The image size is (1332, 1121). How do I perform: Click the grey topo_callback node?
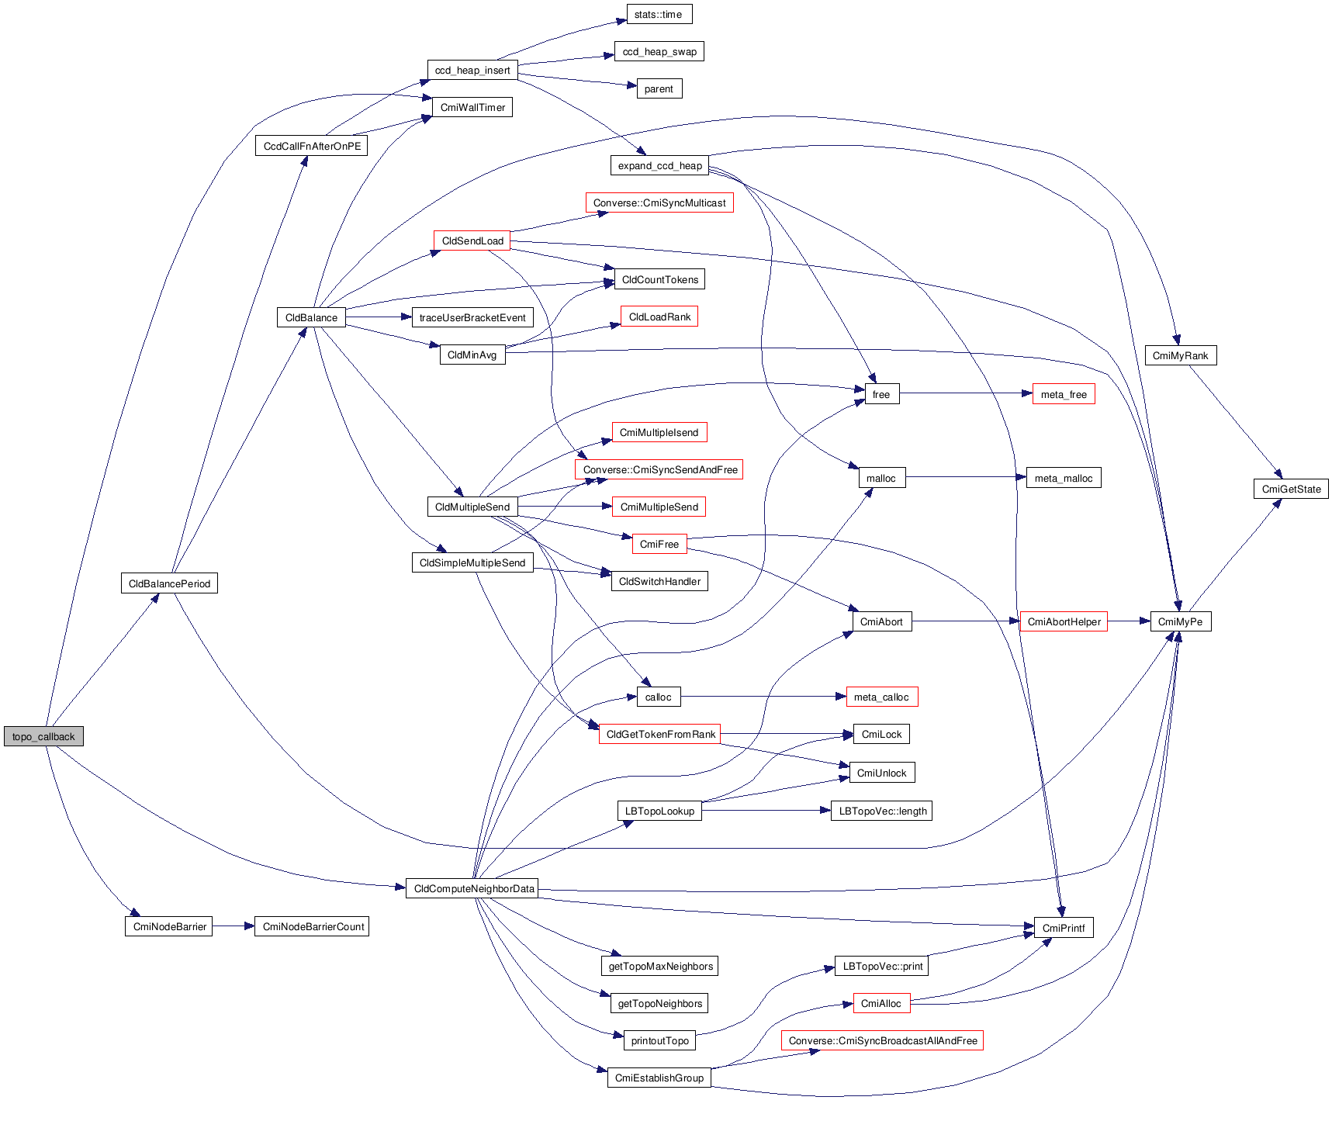(43, 736)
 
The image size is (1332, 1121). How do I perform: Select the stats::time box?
(659, 14)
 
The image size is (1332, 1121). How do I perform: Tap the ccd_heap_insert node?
(472, 70)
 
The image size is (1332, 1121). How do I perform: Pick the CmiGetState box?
(1291, 489)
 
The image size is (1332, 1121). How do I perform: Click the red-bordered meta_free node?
(1063, 394)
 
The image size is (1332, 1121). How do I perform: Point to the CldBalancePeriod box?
(169, 583)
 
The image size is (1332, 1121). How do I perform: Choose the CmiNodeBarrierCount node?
(313, 926)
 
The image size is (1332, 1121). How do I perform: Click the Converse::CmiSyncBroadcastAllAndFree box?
(882, 1040)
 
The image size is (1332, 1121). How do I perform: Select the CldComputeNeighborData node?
(474, 888)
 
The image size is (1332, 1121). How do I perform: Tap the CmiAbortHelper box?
(1064, 621)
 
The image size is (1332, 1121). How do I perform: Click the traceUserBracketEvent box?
(472, 317)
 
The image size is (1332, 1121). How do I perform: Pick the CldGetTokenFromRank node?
(660, 734)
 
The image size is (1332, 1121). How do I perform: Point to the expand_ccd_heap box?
(659, 165)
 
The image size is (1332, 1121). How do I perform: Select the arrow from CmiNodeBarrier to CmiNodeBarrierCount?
(234, 926)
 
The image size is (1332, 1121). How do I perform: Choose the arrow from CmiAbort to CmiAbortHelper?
(966, 621)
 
